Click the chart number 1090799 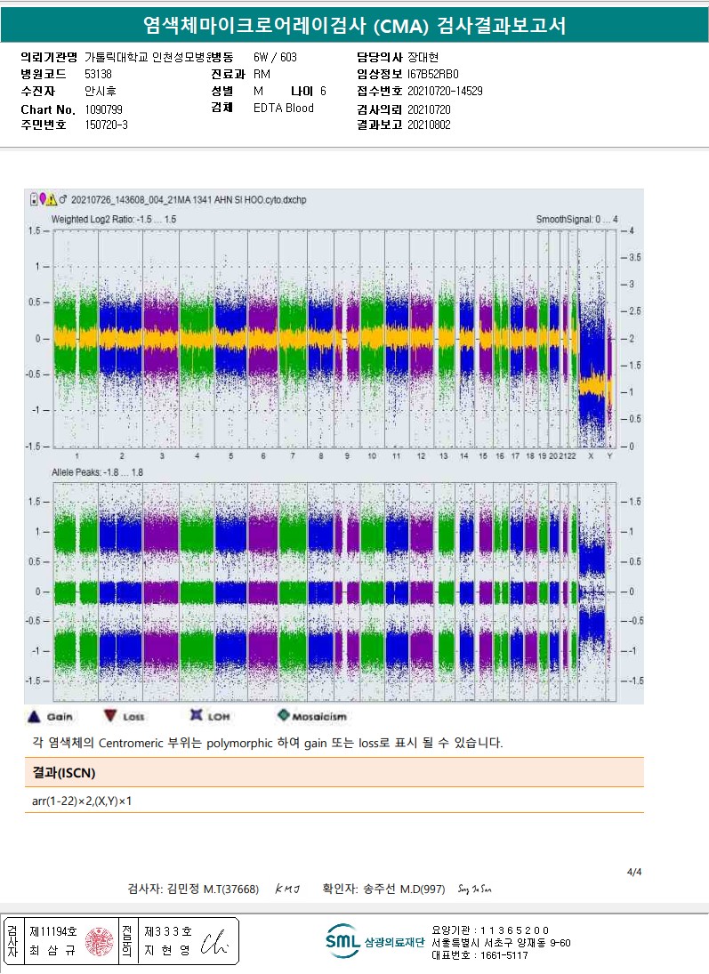tap(103, 109)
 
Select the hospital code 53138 tap(98, 74)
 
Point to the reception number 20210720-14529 tap(445, 91)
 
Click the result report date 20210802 tap(429, 125)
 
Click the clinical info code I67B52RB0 tap(433, 74)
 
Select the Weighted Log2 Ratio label tap(114, 219)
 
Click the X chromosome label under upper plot tap(591, 455)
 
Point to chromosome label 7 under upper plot tap(292, 455)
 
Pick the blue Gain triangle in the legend tap(34, 715)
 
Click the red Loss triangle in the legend tap(110, 715)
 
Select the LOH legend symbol tap(197, 715)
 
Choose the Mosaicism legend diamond tap(283, 715)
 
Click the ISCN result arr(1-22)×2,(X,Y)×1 tap(83, 801)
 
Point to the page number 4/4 tap(634, 872)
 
